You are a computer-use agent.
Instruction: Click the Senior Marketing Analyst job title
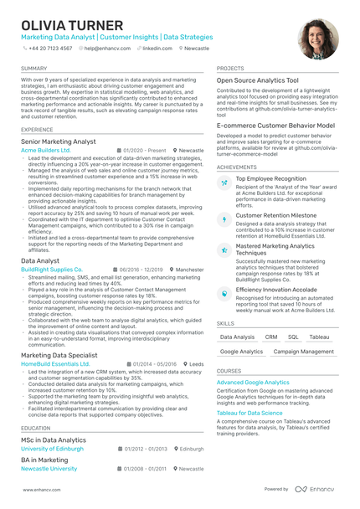[x=58, y=142]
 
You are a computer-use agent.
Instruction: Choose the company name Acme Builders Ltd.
[x=46, y=150]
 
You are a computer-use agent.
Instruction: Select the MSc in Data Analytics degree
[x=54, y=440]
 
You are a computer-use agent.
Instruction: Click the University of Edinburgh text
[x=52, y=449]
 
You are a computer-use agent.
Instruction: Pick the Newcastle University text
[x=49, y=469]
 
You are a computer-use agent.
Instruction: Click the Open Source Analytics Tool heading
[x=257, y=80]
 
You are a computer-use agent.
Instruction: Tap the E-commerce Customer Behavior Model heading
[x=275, y=125]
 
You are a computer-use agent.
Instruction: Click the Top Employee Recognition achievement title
[x=271, y=178]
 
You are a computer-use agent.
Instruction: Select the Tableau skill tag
[x=319, y=337]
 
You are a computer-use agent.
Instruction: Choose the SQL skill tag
[x=293, y=337]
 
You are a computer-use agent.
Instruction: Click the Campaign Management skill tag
[x=303, y=352]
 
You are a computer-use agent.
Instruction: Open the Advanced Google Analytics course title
[x=253, y=382]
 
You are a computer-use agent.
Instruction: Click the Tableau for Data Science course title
[x=249, y=413]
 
